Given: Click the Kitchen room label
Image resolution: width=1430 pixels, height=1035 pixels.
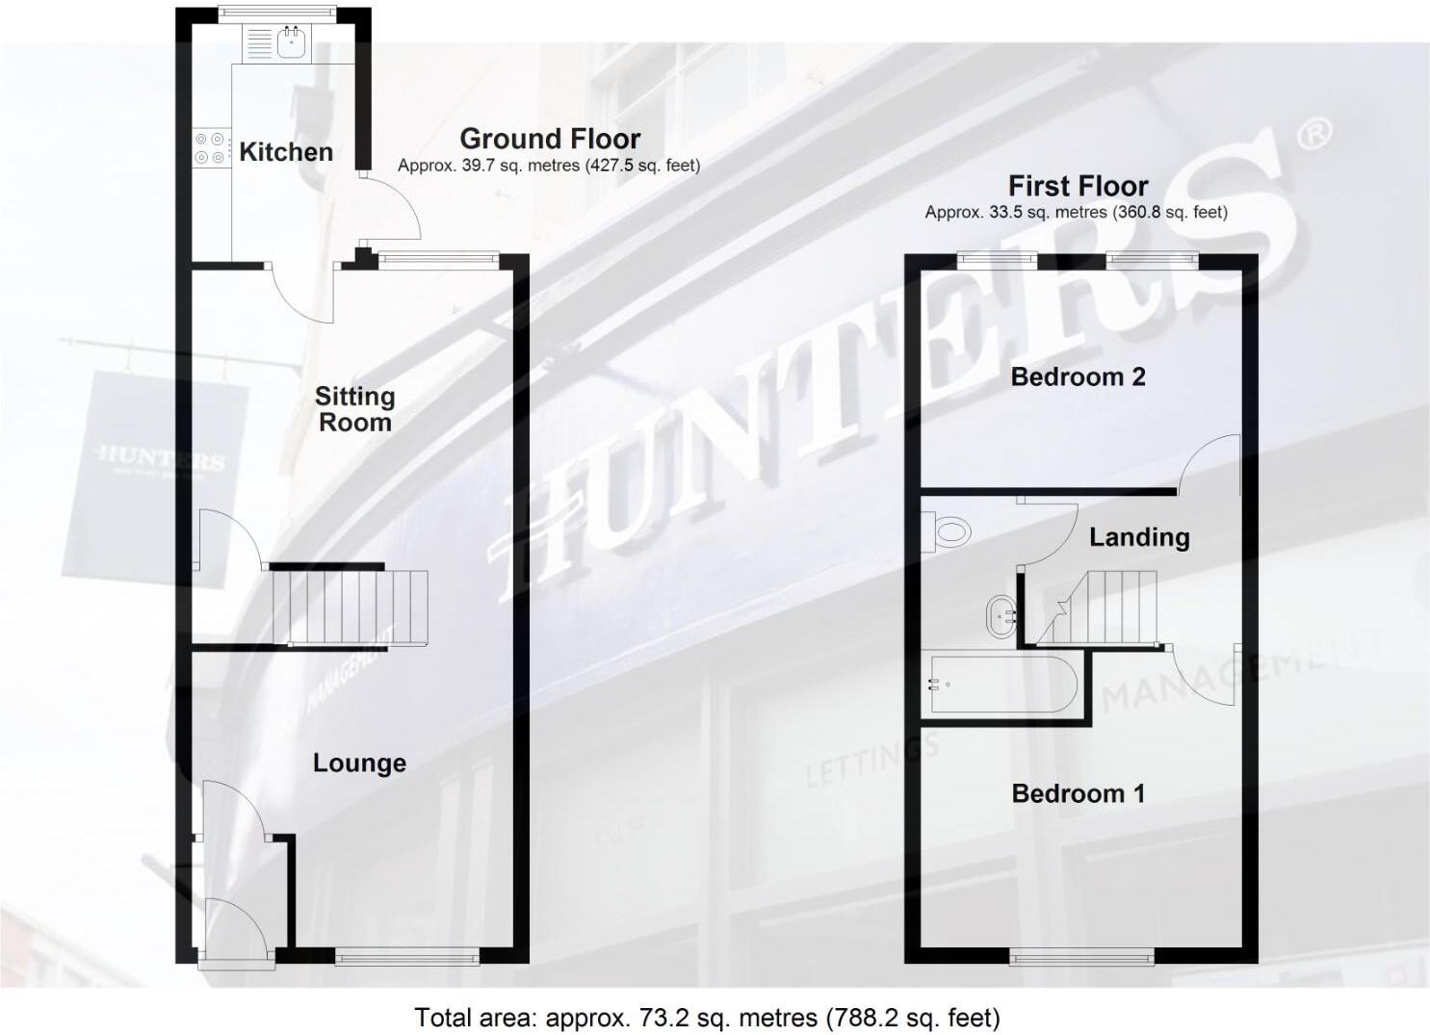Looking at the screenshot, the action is point(286,152).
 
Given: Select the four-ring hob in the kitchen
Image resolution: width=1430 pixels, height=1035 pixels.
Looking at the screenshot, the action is point(211,147).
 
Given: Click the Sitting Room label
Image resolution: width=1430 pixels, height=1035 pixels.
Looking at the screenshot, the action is point(354,409).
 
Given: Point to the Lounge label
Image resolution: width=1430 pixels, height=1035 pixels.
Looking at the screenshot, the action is point(359,763).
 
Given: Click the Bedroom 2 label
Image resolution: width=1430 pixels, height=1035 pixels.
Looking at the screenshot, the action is point(1078,376).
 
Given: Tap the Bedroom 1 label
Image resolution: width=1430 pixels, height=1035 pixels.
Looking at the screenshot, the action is point(1078,793).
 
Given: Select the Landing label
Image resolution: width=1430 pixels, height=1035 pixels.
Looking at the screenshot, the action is point(1139,537).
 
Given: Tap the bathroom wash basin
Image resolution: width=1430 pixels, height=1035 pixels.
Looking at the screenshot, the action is point(1001,613).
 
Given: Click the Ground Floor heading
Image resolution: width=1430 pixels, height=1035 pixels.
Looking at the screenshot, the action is point(550,139).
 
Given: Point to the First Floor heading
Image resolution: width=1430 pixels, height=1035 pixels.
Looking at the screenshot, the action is point(1078,185).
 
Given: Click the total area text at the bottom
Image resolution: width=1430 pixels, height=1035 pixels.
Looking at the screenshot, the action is point(707,1017).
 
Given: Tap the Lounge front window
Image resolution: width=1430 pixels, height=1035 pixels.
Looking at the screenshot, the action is point(406,955).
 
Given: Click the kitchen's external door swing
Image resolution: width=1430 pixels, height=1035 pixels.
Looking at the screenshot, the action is point(392,207).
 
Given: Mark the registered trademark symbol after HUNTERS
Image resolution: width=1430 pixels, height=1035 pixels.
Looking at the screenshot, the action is point(1314,135).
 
